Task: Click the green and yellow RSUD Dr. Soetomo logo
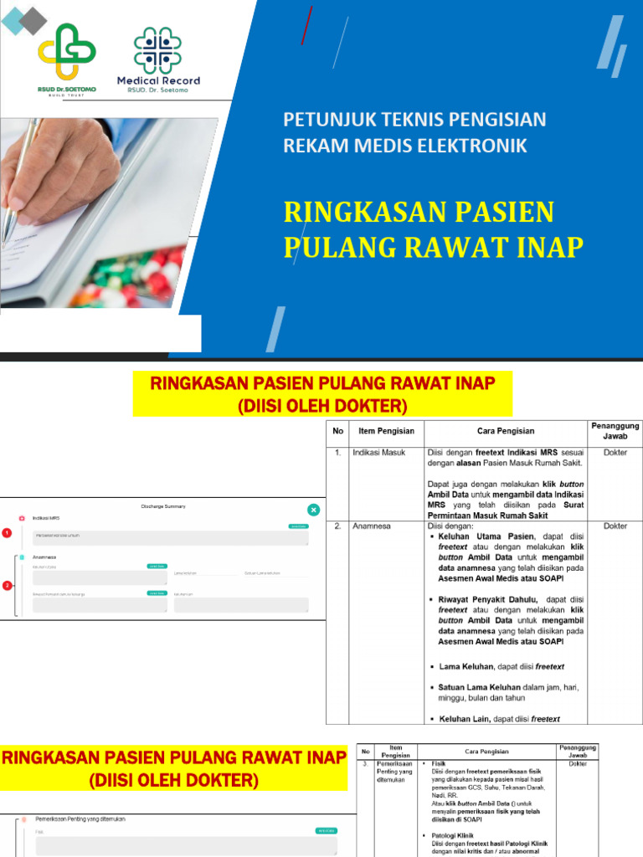67,54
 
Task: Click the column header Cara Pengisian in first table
505,431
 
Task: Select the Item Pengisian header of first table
386,431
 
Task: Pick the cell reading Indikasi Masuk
378,453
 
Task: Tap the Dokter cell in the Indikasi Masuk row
615,453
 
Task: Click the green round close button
313,509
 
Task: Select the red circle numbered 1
8,532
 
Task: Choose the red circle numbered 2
8,585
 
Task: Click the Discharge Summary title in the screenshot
163,506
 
